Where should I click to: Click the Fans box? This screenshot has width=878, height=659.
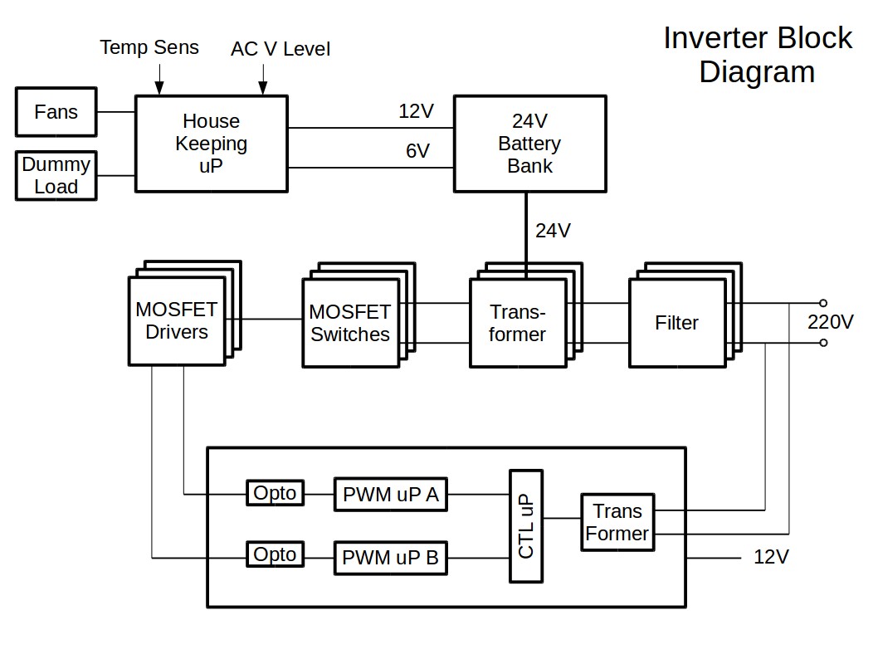pos(56,112)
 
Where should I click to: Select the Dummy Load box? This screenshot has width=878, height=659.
pos(56,175)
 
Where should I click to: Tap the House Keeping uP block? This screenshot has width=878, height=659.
pos(211,144)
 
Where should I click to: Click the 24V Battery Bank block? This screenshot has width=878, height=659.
pos(529,144)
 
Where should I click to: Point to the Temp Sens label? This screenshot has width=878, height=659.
pos(149,47)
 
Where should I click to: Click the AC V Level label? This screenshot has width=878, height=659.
pos(280,50)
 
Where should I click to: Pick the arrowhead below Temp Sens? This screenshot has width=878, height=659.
pos(159,86)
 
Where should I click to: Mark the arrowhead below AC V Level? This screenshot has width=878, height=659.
pos(263,86)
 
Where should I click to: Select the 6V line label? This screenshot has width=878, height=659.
pos(417,151)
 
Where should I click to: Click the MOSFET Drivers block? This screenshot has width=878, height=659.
pos(177,320)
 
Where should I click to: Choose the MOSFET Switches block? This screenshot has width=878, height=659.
pos(349,323)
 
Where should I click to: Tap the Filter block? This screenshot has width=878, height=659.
pos(676,323)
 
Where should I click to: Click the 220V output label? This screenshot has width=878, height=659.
pos(831,322)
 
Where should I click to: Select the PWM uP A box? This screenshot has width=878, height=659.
pos(390,495)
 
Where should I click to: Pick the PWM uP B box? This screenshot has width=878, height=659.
pos(390,558)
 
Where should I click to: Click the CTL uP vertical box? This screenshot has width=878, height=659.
pos(526,525)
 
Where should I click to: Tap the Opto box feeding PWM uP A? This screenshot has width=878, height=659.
pos(275,493)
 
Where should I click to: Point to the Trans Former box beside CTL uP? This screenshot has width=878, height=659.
pos(617,522)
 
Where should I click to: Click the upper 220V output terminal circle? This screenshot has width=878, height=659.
pos(823,304)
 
